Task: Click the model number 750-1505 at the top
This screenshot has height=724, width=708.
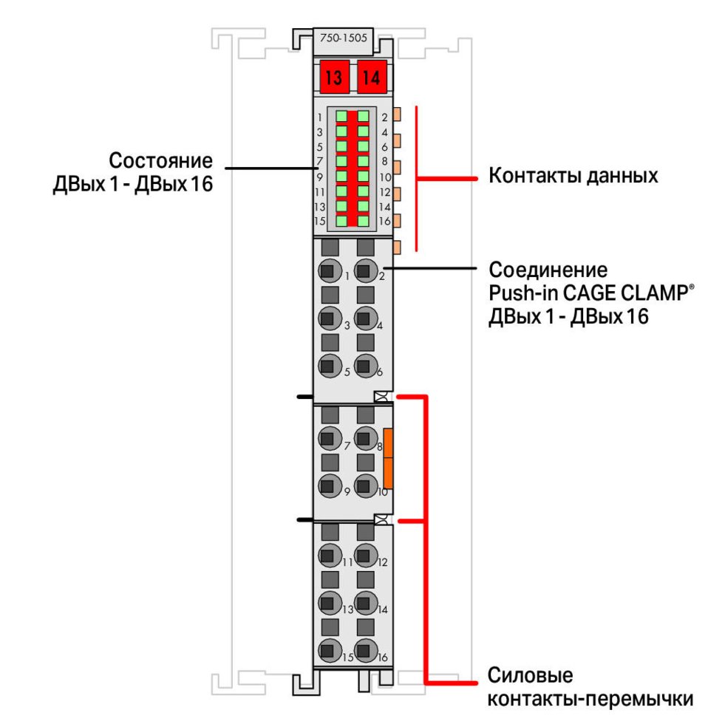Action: click(343, 39)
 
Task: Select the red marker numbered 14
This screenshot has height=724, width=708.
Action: click(372, 78)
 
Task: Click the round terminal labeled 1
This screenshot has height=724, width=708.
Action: click(330, 273)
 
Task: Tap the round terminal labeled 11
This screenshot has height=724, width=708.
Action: click(330, 556)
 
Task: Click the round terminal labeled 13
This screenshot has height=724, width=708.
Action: click(330, 603)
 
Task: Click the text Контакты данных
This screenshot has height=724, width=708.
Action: click(573, 177)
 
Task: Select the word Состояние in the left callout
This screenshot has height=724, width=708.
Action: click(160, 161)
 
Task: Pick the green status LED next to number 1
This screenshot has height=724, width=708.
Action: click(342, 117)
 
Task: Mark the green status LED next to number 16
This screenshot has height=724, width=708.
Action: click(363, 221)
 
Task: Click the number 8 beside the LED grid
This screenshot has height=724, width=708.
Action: click(384, 162)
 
